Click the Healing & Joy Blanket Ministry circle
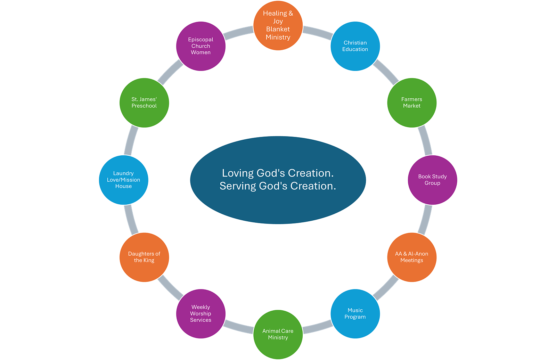(x=278, y=25)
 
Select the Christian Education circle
(x=355, y=46)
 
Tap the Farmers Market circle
(x=412, y=103)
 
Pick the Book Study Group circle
(x=432, y=180)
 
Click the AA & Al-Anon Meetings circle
(x=412, y=257)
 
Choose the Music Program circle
(x=355, y=314)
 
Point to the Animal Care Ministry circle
(x=278, y=334)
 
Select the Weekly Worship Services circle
(x=201, y=314)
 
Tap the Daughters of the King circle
(x=144, y=257)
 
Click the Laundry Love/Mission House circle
(x=124, y=180)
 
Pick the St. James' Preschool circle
(x=144, y=103)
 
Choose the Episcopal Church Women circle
(x=201, y=46)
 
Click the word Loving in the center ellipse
(x=238, y=173)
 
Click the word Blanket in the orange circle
(x=278, y=29)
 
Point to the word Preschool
(x=144, y=106)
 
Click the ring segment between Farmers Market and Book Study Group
(x=426, y=141)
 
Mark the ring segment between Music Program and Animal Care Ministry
(x=317, y=327)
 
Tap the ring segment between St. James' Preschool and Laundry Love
(x=130, y=141)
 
